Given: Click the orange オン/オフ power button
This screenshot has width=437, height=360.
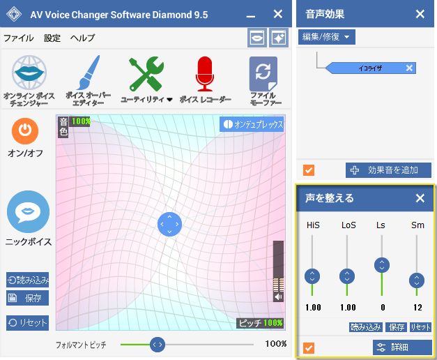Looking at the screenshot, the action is [x=25, y=131].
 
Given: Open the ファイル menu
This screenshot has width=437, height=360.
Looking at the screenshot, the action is [x=18, y=38].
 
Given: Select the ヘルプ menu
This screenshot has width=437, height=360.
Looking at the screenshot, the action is [x=82, y=38].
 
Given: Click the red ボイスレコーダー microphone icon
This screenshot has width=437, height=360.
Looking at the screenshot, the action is [x=205, y=74].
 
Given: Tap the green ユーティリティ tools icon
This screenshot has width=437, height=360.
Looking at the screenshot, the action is [x=146, y=74].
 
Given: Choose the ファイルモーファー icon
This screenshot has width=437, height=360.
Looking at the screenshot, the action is [x=263, y=74].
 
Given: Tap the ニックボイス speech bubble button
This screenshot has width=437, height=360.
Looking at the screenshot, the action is [x=28, y=212].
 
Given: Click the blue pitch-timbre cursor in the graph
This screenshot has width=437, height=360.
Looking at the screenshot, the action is [x=169, y=224].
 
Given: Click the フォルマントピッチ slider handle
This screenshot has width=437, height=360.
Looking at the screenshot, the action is [x=158, y=345].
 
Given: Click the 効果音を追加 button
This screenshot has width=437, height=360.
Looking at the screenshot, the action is [x=388, y=170].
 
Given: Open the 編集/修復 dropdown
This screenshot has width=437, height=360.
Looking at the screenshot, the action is [x=327, y=37].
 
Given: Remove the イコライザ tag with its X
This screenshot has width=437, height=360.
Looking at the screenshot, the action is [x=409, y=68].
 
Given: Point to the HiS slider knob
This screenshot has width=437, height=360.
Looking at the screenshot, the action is [x=312, y=276].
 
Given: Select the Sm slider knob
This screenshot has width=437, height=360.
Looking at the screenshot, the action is [x=417, y=280].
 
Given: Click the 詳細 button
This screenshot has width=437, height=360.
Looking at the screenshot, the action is [x=402, y=347].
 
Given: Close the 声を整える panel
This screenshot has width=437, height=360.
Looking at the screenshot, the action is [x=420, y=198].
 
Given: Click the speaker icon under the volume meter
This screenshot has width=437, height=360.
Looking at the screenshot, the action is [x=278, y=297].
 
